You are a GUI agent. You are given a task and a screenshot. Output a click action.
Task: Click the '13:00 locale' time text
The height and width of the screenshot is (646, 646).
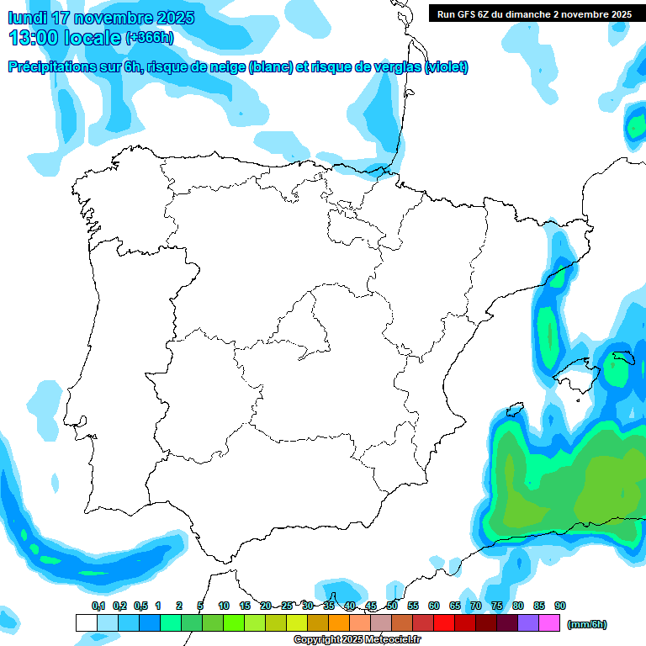tap(65, 38)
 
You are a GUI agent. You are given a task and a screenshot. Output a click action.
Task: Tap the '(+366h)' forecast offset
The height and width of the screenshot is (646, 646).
tap(149, 38)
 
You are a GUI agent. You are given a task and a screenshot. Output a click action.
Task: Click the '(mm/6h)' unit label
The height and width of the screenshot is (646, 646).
tap(586, 624)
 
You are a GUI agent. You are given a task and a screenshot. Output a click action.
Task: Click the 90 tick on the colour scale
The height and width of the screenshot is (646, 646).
tap(560, 606)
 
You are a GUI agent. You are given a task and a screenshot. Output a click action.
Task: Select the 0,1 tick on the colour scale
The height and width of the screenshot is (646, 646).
tap(98, 606)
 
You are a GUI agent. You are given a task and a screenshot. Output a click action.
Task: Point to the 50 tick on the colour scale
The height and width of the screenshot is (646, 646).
tap(392, 606)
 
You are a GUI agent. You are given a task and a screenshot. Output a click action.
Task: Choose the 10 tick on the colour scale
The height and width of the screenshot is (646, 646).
tap(224, 606)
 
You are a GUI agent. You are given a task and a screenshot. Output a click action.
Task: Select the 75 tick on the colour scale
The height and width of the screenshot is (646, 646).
tap(497, 606)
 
